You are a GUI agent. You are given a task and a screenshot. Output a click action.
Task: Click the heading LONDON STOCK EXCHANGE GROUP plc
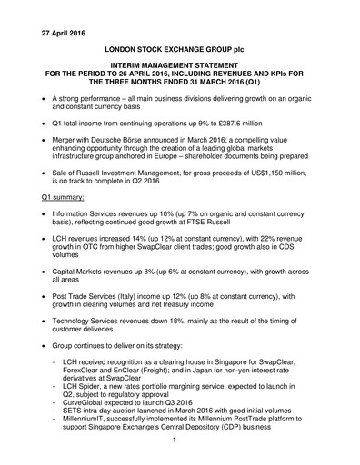click(x=180, y=44)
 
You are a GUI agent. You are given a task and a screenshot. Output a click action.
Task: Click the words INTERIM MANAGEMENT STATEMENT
click(x=180, y=66)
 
